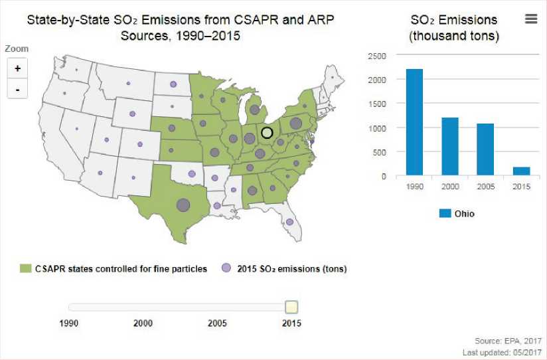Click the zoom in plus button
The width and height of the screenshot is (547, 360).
(17, 68)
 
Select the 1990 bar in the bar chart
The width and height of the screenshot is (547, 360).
(414, 122)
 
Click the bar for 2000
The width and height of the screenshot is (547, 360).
(450, 146)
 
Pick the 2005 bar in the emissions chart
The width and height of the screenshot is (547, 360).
(486, 149)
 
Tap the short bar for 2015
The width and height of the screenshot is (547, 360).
(522, 171)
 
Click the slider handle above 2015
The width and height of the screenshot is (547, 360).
(291, 307)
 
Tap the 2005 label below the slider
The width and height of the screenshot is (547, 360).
(217, 323)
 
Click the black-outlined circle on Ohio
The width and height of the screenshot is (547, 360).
(267, 133)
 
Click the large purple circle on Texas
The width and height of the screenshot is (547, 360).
(183, 205)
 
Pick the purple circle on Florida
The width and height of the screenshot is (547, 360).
(289, 222)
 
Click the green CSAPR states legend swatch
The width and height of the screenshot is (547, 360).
(25, 268)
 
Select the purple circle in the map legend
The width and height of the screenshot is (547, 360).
(226, 268)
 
